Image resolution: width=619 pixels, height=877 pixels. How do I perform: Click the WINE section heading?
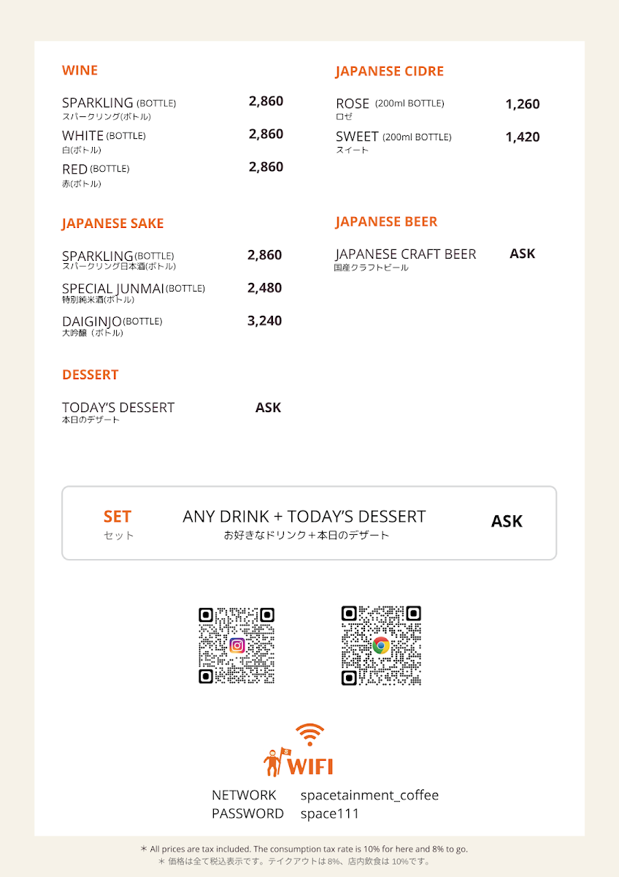80,71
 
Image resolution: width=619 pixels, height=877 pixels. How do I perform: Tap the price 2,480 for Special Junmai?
264,288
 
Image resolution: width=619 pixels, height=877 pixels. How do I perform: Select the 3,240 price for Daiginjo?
264,321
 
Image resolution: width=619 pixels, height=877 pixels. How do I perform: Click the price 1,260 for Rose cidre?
522,105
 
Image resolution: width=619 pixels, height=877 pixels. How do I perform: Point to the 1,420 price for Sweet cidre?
522,137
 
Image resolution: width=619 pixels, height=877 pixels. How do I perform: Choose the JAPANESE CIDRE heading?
389,72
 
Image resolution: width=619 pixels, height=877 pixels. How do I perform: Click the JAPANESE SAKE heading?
112,224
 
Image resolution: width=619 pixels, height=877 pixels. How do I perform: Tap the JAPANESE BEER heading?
386,222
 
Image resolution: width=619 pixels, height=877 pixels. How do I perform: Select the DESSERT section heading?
90,375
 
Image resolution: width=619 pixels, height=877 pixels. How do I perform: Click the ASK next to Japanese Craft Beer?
522,254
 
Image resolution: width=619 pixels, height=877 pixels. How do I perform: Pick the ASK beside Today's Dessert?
268,408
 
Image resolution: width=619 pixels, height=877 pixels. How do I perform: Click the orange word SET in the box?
117,517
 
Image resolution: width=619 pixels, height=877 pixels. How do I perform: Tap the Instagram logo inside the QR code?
237,645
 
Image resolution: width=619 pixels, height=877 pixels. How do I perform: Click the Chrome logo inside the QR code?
381,645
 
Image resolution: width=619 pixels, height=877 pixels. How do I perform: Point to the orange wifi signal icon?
310,734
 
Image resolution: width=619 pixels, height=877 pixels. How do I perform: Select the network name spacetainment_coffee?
369,795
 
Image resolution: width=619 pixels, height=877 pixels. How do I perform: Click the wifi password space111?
329,813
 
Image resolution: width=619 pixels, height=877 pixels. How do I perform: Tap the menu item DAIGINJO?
91,321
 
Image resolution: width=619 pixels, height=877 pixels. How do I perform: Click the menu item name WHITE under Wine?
82,136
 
